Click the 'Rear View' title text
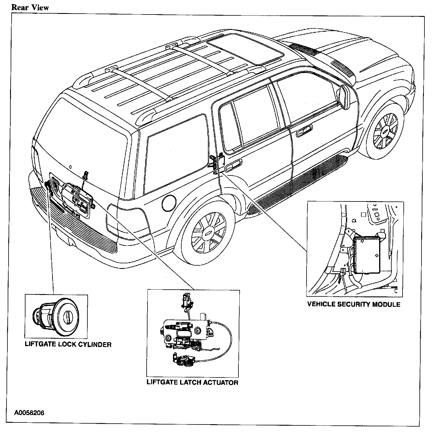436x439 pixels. point(30,7)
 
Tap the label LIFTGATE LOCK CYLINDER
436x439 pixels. point(68,344)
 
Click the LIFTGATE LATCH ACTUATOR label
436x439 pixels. point(193,382)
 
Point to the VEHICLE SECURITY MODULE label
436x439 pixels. point(354,304)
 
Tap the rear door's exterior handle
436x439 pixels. point(233,166)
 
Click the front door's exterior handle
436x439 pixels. point(304,130)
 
